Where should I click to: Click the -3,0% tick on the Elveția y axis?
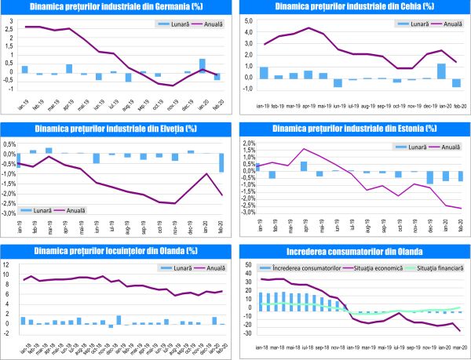click(x=9, y=213)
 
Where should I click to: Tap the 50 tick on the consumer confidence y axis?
click(x=246, y=265)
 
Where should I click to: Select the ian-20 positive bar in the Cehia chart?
click(x=441, y=71)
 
